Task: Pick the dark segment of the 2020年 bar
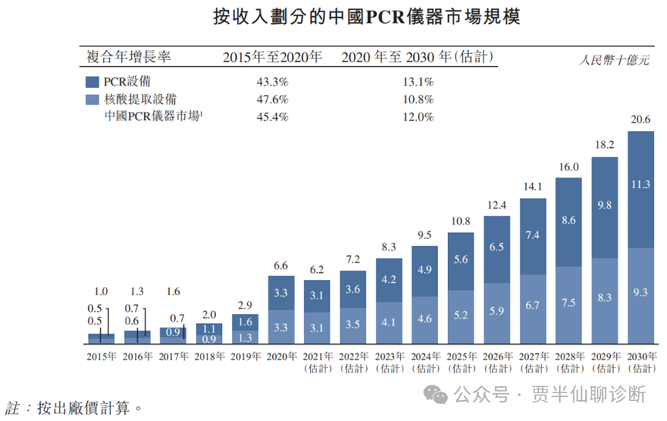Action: (x=281, y=294)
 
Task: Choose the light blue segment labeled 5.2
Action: (x=461, y=315)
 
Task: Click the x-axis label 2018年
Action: (x=209, y=356)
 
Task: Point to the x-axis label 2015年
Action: (x=100, y=356)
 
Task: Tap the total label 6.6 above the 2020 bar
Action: (x=281, y=265)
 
